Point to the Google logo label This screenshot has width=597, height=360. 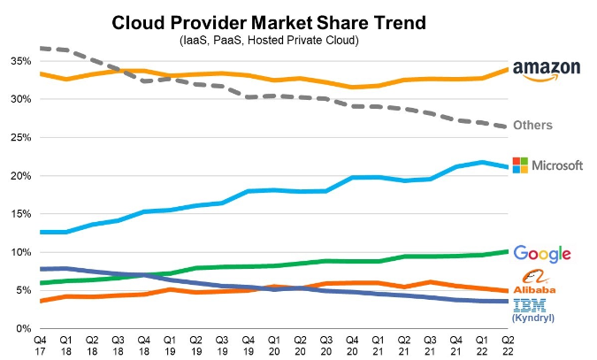point(542,254)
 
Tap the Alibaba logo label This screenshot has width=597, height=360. point(539,282)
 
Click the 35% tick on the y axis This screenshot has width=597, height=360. point(20,61)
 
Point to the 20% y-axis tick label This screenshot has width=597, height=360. point(20,176)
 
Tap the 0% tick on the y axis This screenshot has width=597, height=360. point(23,329)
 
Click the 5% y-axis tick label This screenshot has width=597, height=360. point(23,290)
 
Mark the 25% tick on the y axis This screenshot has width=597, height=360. point(20,138)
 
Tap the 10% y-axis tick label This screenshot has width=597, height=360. point(20,252)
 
